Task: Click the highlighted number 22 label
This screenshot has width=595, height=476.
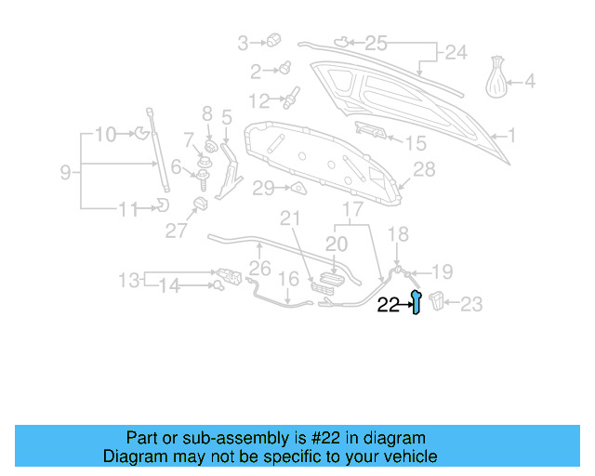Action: point(388,303)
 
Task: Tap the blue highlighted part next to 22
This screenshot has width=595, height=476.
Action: point(417,302)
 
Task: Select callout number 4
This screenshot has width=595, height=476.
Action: point(530,82)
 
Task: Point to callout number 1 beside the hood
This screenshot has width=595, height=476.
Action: point(511,135)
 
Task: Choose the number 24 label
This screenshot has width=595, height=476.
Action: point(456,53)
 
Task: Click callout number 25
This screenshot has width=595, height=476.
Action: point(376,42)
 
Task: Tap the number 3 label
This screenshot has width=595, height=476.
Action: point(244,42)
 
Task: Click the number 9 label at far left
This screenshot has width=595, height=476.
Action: point(65,172)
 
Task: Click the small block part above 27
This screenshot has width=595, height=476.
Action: point(198,205)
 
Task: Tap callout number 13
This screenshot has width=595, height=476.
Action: point(128,280)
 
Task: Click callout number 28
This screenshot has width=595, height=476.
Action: point(424,169)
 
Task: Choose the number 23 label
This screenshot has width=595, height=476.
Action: point(472,303)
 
